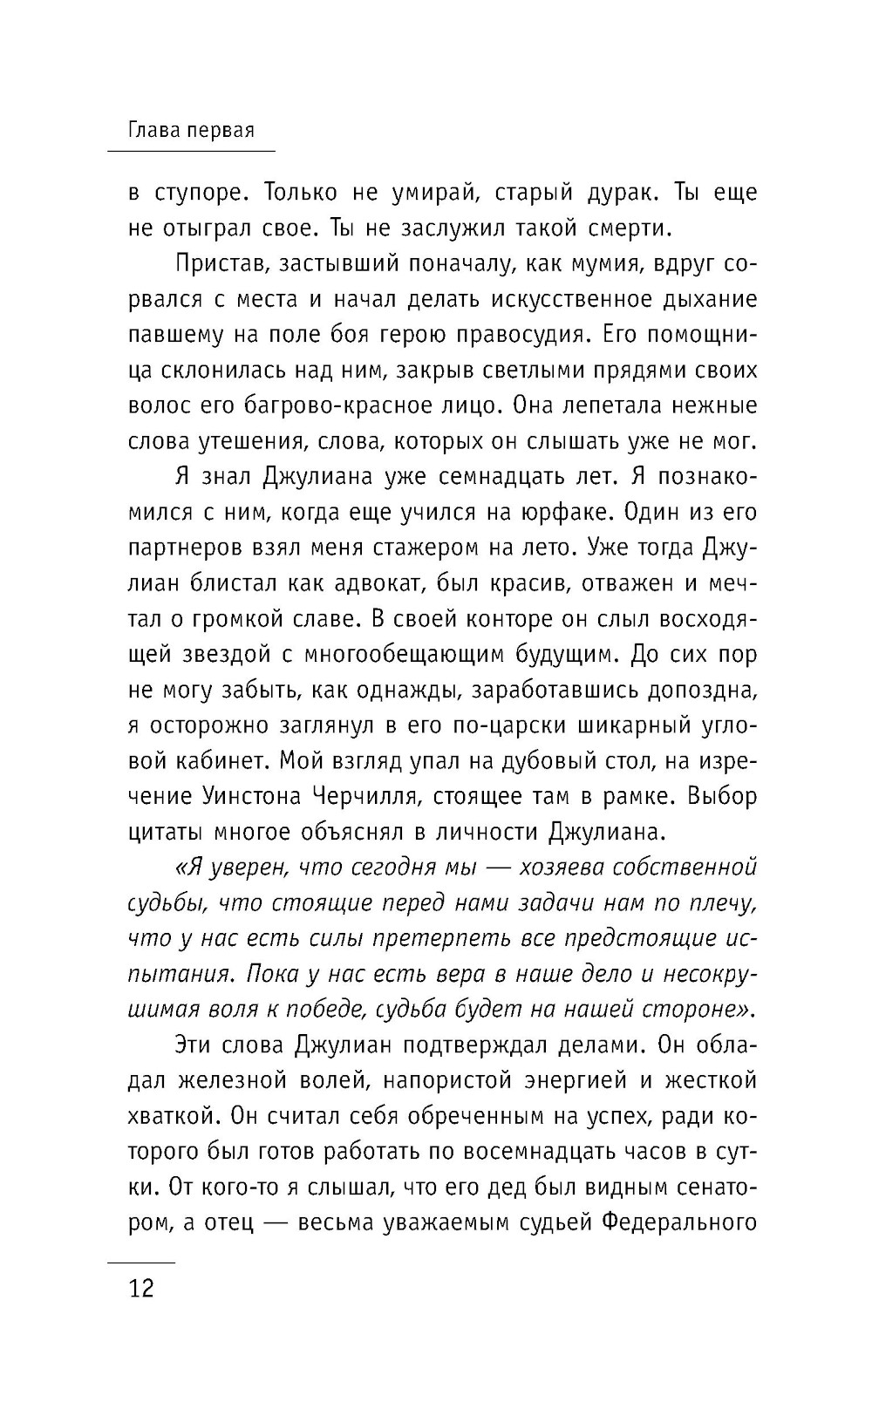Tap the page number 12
tap(140, 1289)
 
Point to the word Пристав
tap(218, 263)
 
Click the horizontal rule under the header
tap(190, 152)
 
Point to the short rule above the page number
tap(140, 1262)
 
